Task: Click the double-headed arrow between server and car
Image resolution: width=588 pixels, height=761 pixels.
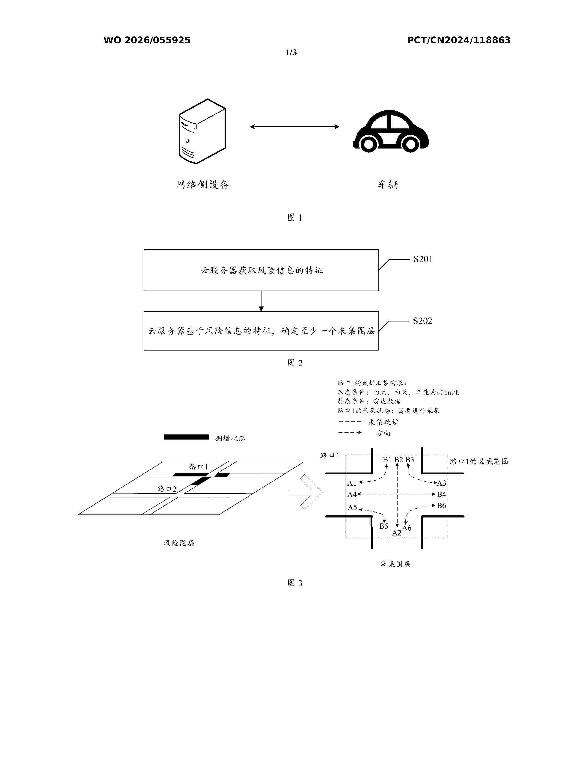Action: [295, 127]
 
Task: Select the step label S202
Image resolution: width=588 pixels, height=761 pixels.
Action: [422, 321]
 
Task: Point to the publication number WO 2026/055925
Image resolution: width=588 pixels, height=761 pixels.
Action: [147, 40]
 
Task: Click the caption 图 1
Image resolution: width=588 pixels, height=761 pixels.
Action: [295, 217]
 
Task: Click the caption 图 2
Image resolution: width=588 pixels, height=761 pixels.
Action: [295, 363]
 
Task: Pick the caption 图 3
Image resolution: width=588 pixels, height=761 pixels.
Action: [295, 583]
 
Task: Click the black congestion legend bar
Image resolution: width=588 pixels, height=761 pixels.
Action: [186, 437]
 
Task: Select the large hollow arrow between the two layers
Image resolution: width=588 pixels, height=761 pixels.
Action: [306, 492]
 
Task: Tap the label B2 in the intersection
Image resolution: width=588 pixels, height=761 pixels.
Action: [398, 460]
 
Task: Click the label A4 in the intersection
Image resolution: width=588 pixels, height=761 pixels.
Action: [352, 494]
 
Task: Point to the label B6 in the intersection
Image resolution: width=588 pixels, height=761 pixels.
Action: [441, 505]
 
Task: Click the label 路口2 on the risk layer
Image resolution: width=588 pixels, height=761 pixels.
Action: [166, 489]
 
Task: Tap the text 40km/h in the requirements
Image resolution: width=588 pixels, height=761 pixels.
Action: [448, 392]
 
